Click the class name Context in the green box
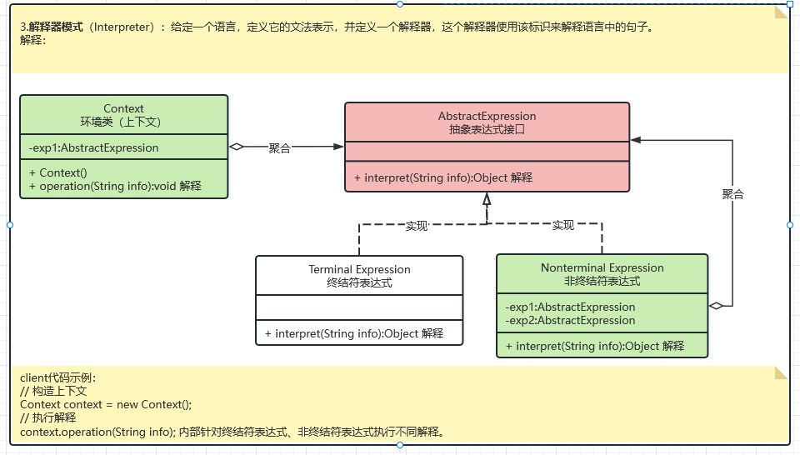click(x=123, y=108)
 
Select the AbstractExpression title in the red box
click(x=487, y=116)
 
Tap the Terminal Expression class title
click(x=359, y=269)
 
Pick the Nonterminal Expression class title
click(x=602, y=267)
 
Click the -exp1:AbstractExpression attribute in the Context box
click(x=93, y=148)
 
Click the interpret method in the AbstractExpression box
click(x=442, y=177)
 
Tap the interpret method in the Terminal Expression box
click(x=353, y=333)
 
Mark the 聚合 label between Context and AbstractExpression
click(x=279, y=147)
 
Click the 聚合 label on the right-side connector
click(x=732, y=194)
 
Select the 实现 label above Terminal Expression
click(x=416, y=225)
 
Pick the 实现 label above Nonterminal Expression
click(x=563, y=225)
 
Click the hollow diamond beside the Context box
click(x=236, y=147)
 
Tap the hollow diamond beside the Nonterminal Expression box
click(x=716, y=306)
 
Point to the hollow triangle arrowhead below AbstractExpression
click(x=487, y=199)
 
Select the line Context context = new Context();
click(x=106, y=404)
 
